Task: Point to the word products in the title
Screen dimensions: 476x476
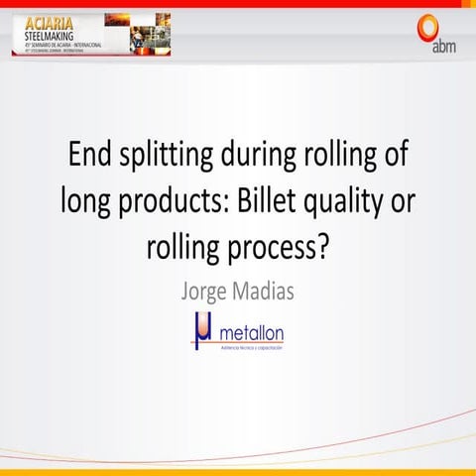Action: coord(177,201)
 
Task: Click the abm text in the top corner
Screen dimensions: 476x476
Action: coord(445,45)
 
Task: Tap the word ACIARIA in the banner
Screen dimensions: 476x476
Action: coord(44,20)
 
